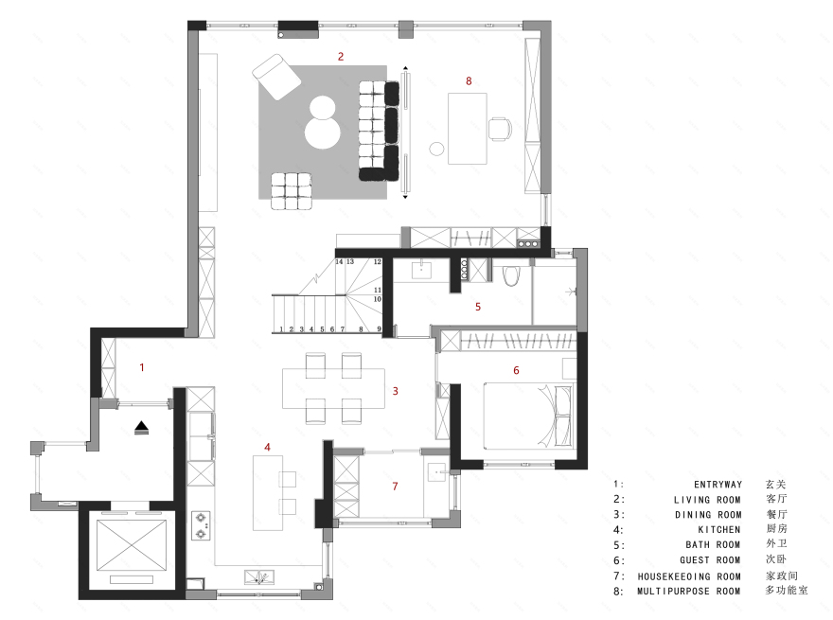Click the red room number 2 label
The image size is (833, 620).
pyautogui.click(x=341, y=57)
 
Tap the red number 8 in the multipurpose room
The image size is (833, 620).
pyautogui.click(x=469, y=81)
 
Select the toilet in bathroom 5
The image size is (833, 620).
pyautogui.click(x=512, y=275)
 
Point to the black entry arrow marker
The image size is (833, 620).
pyautogui.click(x=142, y=428)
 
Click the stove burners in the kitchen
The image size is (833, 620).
pyautogui.click(x=201, y=525)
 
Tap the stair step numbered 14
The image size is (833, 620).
pyautogui.click(x=339, y=261)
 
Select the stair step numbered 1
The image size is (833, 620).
pyautogui.click(x=282, y=329)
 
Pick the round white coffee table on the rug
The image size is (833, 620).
pyautogui.click(x=323, y=123)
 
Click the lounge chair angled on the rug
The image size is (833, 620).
pyautogui.click(x=275, y=76)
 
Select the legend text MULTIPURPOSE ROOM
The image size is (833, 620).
pyautogui.click(x=689, y=591)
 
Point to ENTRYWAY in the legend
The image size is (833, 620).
pyautogui.click(x=718, y=484)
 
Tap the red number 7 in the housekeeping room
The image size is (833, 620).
pyautogui.click(x=396, y=487)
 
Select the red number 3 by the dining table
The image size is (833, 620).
pyautogui.click(x=396, y=391)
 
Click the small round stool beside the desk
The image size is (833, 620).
pyautogui.click(x=437, y=149)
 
